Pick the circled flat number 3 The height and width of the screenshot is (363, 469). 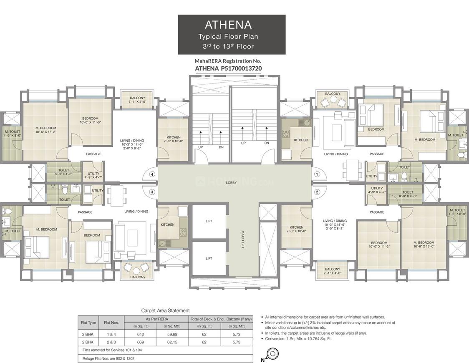(152, 192)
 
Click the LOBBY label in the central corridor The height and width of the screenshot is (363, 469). (232, 183)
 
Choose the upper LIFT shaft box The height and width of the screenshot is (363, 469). (209, 221)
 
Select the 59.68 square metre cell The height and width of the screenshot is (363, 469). (172, 334)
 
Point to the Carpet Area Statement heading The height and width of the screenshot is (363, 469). (165, 310)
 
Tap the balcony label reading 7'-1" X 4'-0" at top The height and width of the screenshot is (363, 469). (137, 102)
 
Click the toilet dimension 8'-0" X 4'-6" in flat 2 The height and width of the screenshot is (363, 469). (408, 196)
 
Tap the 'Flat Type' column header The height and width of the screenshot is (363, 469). (88, 322)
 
